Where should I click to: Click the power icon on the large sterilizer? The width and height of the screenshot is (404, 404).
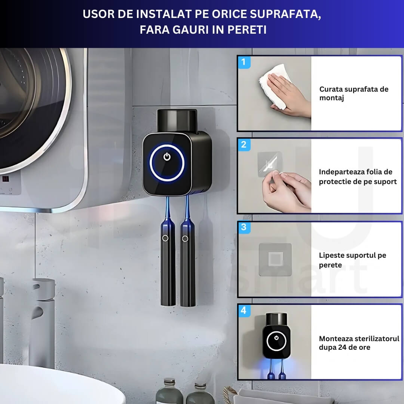(167, 156)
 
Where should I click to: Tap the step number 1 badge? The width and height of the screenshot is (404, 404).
(244, 62)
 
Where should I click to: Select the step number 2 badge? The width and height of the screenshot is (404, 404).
(244, 145)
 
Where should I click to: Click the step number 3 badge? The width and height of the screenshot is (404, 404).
(244, 227)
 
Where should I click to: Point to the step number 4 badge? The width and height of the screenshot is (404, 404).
(244, 310)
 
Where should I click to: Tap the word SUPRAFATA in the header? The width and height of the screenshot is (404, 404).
(285, 14)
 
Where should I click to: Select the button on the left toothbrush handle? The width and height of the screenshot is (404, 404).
(165, 238)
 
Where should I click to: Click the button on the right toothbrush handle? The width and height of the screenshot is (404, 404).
(185, 239)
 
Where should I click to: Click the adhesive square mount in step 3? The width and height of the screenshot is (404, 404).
(275, 259)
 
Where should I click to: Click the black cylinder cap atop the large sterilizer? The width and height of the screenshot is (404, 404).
(177, 120)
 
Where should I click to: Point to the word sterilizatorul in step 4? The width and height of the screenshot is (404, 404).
(372, 339)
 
